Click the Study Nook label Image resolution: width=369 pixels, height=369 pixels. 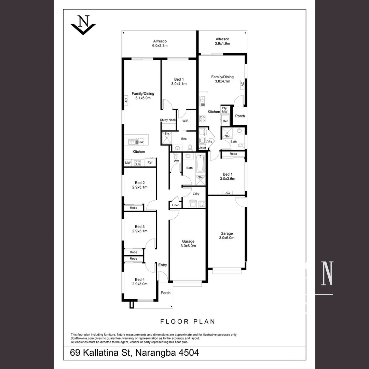168,120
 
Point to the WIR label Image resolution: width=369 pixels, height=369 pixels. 186,121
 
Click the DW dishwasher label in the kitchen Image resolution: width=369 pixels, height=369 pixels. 141,142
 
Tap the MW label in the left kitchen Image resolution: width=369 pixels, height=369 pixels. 128,163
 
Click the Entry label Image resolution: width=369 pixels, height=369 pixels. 163,265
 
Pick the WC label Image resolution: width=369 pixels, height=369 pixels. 176,161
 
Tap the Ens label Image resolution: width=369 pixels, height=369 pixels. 184,139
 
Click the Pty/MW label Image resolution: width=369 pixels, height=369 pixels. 224,110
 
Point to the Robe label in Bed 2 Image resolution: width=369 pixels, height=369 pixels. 133,208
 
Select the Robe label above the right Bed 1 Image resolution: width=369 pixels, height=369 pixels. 233,154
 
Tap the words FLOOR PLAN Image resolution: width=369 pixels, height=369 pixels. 188,322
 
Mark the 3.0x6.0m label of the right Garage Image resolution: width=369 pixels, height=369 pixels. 227,238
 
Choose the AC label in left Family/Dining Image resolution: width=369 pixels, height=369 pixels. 126,100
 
